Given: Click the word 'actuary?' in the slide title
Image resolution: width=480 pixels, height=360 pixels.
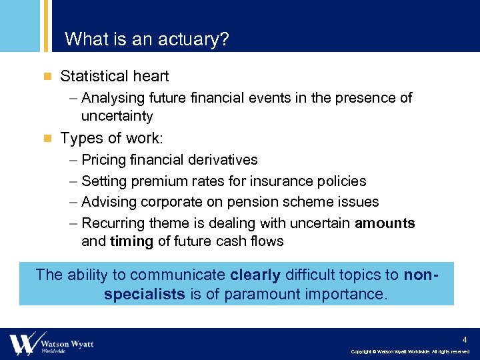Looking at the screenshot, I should coord(199,40).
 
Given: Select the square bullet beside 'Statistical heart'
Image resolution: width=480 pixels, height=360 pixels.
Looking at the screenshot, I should coord(47,77).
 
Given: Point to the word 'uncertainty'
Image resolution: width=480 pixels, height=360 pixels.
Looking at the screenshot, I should coord(117,116).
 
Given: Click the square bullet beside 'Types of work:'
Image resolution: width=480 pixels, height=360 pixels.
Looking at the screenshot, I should coord(47,139).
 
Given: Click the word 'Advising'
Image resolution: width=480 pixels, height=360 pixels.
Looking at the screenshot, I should coord(109,201).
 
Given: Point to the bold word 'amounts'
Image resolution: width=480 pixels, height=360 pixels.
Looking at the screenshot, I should coord(385,223).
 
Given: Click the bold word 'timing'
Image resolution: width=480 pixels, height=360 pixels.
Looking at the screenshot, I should coord(131,241).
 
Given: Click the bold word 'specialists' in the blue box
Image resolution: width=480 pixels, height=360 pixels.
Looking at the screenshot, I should coord(145,294).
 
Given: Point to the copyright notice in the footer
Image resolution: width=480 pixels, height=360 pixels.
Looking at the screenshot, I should coord(410,351).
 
